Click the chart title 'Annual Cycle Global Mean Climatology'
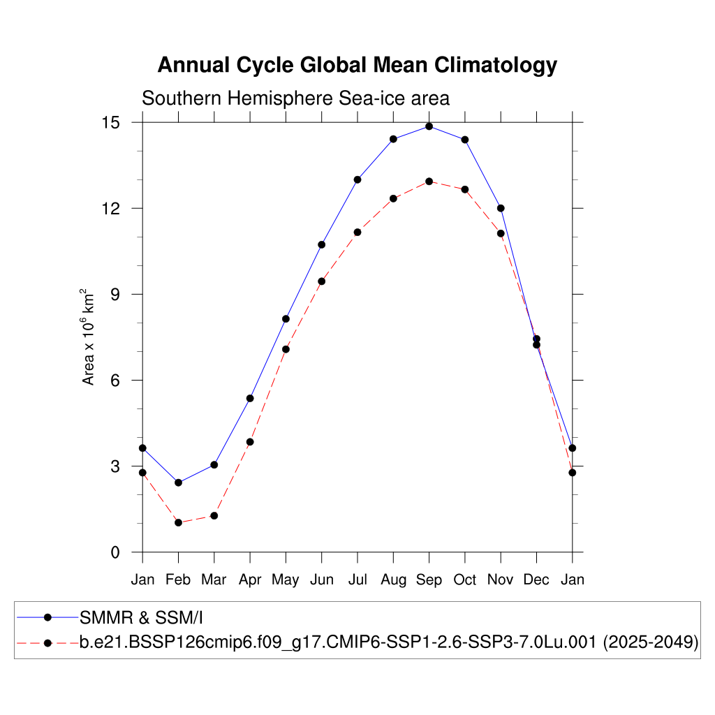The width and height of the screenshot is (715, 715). pyautogui.click(x=357, y=65)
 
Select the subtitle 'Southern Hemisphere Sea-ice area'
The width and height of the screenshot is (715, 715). pyautogui.click(x=295, y=98)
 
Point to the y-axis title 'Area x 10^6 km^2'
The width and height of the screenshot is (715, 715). pyautogui.click(x=89, y=337)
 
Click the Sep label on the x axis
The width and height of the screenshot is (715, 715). pyautogui.click(x=429, y=580)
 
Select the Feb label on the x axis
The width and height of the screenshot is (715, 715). pyautogui.click(x=178, y=580)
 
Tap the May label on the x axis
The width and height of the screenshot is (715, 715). pyautogui.click(x=286, y=580)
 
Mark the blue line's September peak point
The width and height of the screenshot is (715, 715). pyautogui.click(x=429, y=126)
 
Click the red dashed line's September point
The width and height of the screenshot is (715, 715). pyautogui.click(x=429, y=182)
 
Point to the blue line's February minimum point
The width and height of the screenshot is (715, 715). pyautogui.click(x=178, y=482)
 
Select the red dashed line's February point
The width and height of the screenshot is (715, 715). pyautogui.click(x=178, y=522)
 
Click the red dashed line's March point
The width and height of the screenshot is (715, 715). pyautogui.click(x=214, y=515)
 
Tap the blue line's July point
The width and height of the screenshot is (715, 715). pyautogui.click(x=357, y=179)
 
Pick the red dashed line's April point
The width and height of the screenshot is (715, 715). pyautogui.click(x=250, y=442)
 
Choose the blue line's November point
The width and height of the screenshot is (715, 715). pyautogui.click(x=501, y=208)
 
